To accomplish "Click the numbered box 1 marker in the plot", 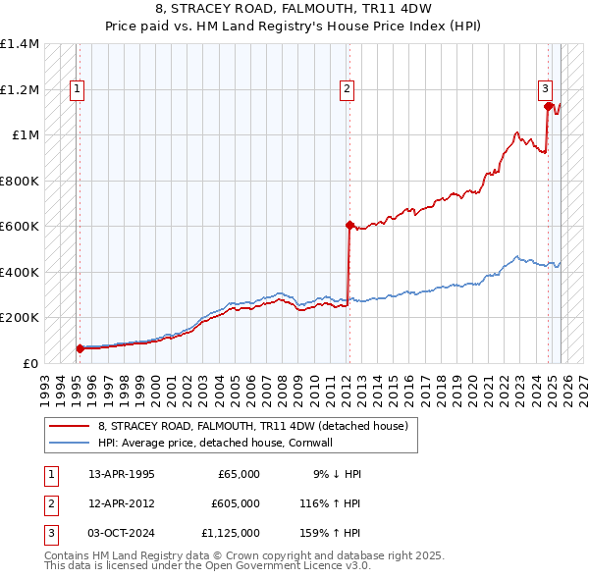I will click(x=78, y=89).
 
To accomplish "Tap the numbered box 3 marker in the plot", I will click(x=546, y=89).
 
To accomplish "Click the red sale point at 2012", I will click(x=348, y=225).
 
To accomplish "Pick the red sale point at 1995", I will click(x=79, y=348).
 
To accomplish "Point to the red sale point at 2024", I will click(x=549, y=107).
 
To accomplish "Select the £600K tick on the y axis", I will click(x=20, y=227).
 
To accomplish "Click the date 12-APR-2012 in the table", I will click(x=122, y=503).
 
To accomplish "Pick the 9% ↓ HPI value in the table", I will click(x=337, y=474).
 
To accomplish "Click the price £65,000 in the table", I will click(x=238, y=474).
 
